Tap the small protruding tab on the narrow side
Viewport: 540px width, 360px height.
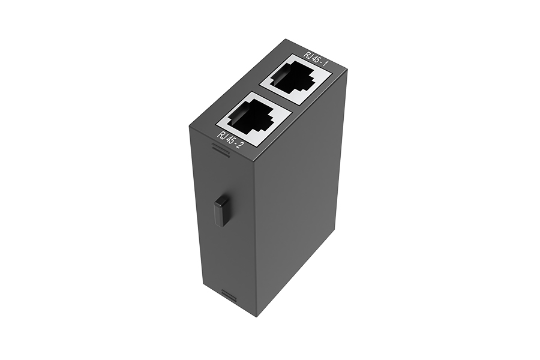(221, 211)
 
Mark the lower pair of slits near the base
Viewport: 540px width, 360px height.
(229, 294)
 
